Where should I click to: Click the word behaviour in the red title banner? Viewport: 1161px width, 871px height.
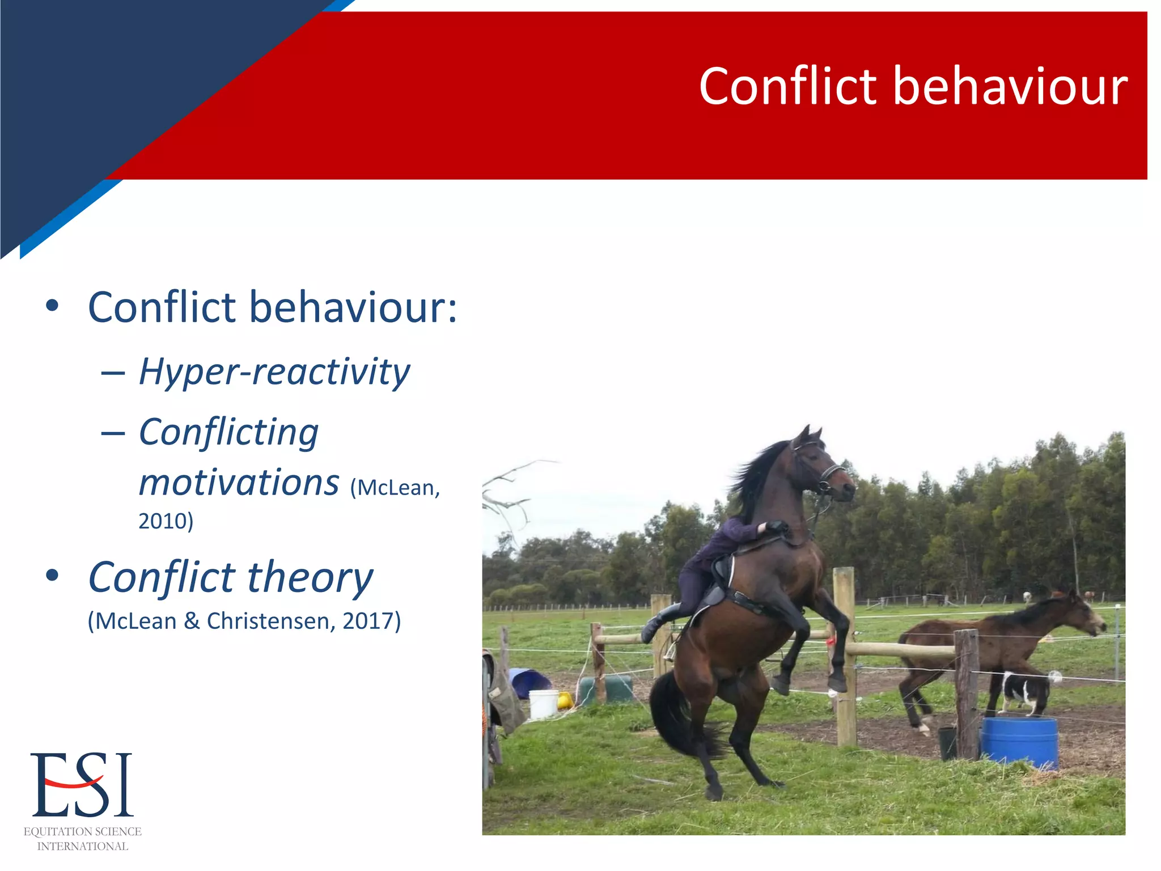(1010, 86)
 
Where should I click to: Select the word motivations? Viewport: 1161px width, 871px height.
(239, 483)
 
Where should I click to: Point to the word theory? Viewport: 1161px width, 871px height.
(310, 577)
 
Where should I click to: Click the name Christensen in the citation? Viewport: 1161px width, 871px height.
(270, 621)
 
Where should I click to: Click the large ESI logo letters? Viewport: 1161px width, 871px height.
(82, 785)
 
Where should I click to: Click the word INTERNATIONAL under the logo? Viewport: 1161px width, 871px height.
(82, 846)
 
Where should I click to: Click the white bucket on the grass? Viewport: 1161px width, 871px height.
(543, 703)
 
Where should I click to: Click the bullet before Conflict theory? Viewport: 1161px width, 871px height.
(52, 576)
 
